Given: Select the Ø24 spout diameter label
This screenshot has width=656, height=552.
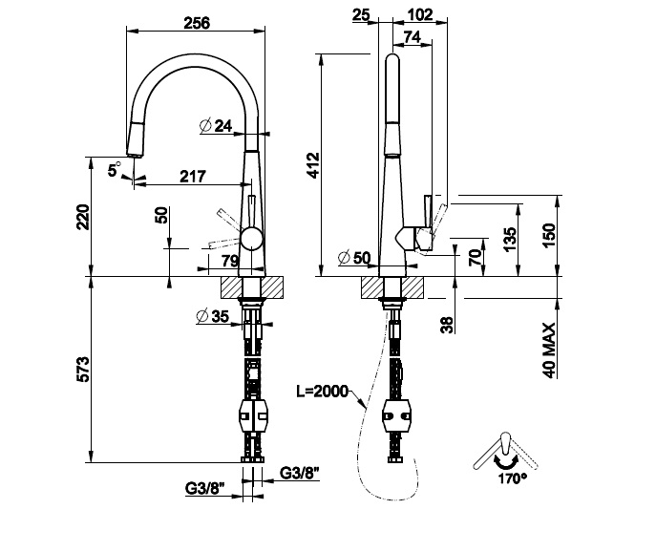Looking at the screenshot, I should coord(218,126).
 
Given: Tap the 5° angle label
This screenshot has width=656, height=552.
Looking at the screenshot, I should coord(115,169).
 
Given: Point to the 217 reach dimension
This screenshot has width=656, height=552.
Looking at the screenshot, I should coord(195,176).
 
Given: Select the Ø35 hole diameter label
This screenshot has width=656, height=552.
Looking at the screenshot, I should coord(212,317).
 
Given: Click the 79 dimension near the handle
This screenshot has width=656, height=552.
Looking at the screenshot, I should coord(230,261).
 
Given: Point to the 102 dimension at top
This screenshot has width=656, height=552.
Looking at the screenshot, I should coord(419,15).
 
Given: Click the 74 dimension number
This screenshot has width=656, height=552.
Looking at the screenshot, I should coord(413,36).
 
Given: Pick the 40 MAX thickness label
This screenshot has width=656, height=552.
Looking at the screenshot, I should coord(549,349).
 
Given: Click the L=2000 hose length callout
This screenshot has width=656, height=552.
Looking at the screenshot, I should coord(323,391).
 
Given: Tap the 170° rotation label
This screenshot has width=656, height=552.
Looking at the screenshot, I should coord(511,477).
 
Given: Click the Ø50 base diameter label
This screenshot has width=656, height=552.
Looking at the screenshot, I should coord(353,258).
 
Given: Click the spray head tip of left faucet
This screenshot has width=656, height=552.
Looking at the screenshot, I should coord(134,151).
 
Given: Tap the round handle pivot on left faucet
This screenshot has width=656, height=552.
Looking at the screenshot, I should coord(251,239).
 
